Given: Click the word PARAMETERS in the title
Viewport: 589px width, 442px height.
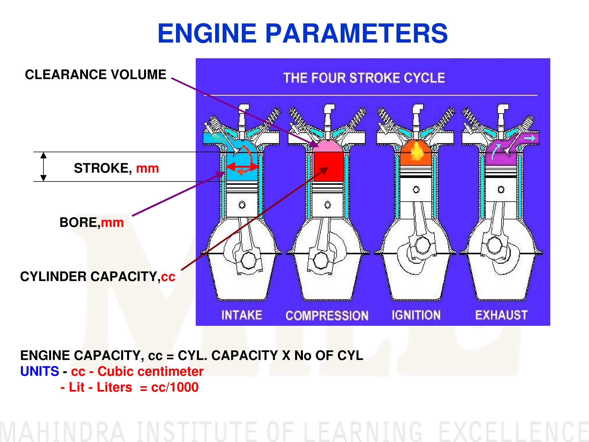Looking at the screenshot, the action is click(x=356, y=33).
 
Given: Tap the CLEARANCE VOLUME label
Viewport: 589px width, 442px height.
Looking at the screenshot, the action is click(x=95, y=75).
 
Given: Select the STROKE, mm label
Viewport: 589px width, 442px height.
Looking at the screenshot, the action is click(x=116, y=168).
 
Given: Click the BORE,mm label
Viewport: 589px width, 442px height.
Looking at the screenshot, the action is click(x=92, y=222).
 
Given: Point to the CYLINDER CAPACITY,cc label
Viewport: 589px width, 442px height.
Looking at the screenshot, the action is click(x=98, y=277).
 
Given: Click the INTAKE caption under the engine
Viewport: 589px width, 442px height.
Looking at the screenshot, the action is click(x=242, y=315).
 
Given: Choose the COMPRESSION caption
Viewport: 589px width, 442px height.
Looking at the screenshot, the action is click(x=327, y=315).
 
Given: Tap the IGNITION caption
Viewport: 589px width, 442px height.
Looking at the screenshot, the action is click(x=416, y=315).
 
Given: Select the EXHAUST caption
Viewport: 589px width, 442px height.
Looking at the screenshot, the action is click(x=501, y=315).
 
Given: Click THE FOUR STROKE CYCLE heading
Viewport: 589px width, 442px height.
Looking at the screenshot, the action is click(x=364, y=78).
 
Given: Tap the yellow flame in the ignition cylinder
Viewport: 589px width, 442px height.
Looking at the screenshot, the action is click(x=416, y=151).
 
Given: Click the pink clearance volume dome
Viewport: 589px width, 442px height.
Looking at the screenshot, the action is click(x=328, y=146).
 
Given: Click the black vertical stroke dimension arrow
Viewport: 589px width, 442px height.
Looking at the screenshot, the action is click(x=43, y=166).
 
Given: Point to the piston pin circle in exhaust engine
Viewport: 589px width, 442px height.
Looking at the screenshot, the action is click(x=501, y=190).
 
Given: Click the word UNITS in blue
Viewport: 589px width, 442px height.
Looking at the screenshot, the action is click(x=40, y=371).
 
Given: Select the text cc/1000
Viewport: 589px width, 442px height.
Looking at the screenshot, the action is click(x=175, y=387).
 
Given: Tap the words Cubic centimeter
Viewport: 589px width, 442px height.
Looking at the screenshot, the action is click(x=151, y=371).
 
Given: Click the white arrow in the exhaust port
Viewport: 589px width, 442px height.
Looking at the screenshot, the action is click(x=530, y=138).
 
